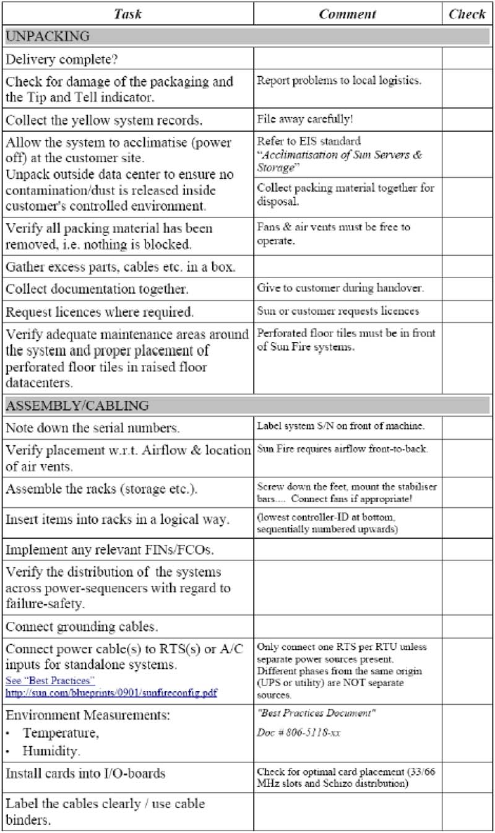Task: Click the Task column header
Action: pos(128,14)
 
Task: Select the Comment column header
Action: pos(347,14)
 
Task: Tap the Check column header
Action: pos(467,14)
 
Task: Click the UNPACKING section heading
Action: pos(48,36)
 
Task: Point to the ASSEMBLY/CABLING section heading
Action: pos(77,406)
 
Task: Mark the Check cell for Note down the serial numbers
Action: pos(467,427)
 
